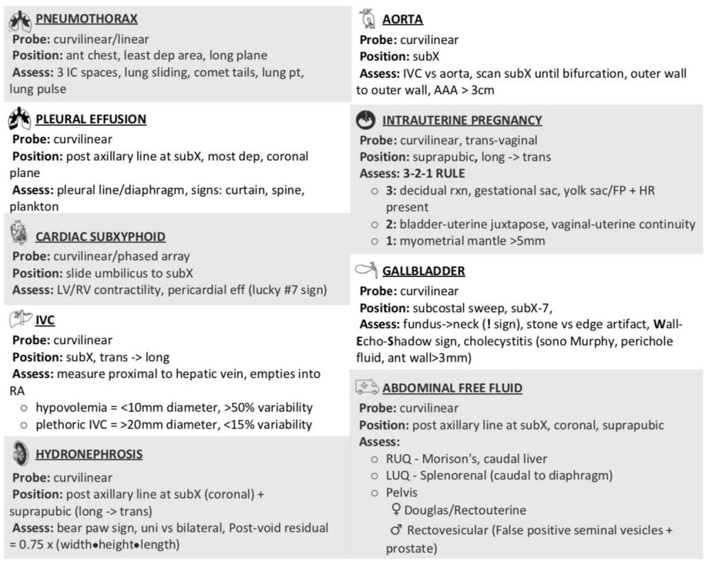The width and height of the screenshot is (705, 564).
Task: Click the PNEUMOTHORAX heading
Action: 86,19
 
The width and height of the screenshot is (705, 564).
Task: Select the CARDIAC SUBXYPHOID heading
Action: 101,237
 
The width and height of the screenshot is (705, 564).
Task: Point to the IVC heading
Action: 45,321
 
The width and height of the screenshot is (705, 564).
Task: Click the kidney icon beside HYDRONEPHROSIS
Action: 21,453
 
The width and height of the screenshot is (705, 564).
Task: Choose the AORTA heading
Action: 403,19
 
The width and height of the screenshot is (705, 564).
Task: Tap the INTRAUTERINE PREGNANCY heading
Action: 462,121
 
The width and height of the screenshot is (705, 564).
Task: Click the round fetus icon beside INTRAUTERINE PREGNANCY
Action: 366,121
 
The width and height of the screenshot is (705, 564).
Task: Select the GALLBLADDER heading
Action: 423,271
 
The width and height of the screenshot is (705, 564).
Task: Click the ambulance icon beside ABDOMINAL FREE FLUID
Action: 367,388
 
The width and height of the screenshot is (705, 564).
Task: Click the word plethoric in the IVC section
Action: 59,425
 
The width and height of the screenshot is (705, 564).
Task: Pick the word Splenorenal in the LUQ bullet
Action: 453,476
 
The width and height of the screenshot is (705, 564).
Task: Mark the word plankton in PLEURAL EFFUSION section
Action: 34,207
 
